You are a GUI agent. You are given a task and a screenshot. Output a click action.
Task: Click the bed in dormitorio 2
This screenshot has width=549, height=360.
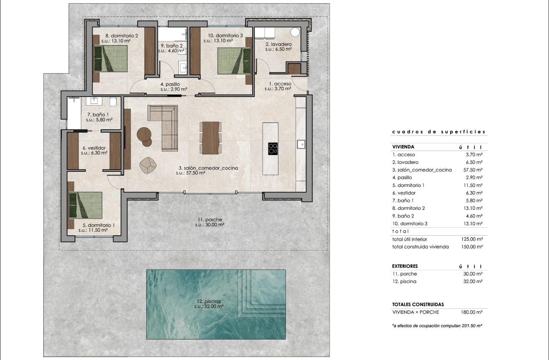click(x=110, y=59)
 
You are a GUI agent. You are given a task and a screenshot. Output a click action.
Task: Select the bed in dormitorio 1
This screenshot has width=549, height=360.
click(x=86, y=204)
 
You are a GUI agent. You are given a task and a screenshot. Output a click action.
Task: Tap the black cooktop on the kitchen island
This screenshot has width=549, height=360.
click(x=273, y=149)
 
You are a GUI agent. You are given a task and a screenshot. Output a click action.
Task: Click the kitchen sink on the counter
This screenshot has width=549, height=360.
click(x=301, y=144)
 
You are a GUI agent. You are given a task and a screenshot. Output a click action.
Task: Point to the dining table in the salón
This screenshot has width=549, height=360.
click(x=210, y=137)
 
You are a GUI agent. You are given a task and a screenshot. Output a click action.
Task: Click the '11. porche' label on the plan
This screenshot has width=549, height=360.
click(x=210, y=220)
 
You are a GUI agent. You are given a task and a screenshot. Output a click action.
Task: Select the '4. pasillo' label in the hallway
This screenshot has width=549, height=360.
click(x=170, y=84)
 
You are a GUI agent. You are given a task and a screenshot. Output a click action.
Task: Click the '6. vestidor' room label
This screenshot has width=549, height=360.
click(x=94, y=148)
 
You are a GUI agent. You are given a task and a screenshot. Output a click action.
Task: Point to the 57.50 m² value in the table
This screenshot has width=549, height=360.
click(x=473, y=170)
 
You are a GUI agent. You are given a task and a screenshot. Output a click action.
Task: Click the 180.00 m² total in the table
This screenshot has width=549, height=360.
click(x=473, y=312)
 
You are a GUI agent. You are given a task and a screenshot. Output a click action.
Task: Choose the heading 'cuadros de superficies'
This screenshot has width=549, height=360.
click(x=439, y=132)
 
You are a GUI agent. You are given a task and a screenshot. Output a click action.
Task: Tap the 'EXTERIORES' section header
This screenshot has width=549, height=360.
click(x=405, y=266)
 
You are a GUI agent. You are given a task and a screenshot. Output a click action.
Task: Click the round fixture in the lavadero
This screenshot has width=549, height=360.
click(x=295, y=33)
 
